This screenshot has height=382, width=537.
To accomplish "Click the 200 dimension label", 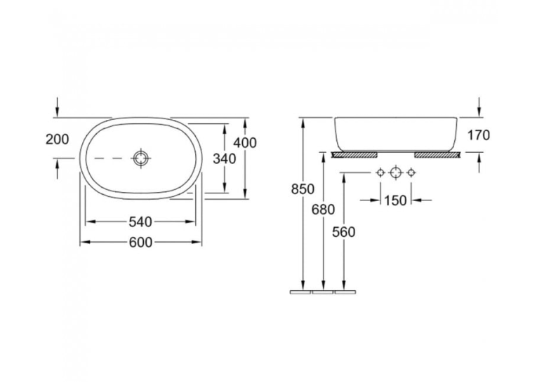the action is (57, 139).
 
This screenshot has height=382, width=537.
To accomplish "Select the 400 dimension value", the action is (245, 143).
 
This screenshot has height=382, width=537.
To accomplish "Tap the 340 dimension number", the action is (225, 158).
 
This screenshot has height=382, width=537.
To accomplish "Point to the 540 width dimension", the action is (140, 222).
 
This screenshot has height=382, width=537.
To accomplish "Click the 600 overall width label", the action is (140, 243).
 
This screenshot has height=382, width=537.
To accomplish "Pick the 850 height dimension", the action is (303, 189).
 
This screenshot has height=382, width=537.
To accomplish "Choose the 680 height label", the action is (323, 210).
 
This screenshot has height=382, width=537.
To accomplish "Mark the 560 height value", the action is (344, 232).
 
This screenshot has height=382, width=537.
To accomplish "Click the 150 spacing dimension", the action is (395, 200).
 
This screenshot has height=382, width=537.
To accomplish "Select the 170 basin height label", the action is (479, 135).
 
